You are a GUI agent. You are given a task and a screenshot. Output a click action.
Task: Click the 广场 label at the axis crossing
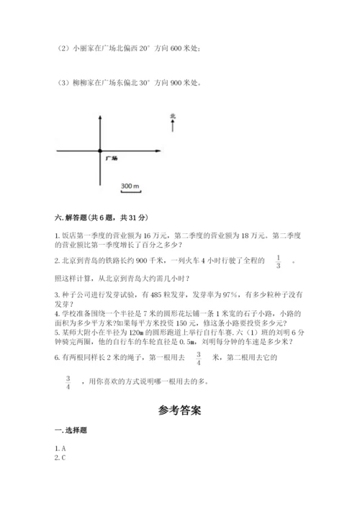tap(110, 156)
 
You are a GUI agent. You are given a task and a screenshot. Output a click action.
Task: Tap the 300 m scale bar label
tap(130, 186)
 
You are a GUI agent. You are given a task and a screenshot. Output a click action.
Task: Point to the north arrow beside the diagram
tap(173, 127)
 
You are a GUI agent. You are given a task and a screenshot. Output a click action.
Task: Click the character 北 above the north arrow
tap(173, 115)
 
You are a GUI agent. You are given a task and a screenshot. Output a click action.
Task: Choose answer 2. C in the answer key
tap(61, 457)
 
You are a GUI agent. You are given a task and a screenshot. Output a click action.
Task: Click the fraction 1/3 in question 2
tap(277, 261)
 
